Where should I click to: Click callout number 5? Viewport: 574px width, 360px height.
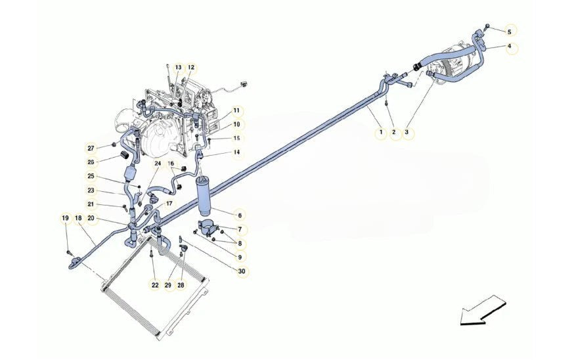point(509,32)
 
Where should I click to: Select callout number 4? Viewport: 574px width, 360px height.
point(509,47)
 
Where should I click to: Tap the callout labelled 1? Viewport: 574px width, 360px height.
point(381,132)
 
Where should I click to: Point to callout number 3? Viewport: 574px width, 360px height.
point(407,132)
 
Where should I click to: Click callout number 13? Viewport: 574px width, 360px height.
point(178,68)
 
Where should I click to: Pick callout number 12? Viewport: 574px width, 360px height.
point(191,68)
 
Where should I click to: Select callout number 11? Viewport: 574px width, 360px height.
point(236,110)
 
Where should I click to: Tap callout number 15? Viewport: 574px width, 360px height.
point(237,138)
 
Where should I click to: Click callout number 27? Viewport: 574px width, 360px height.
point(91,148)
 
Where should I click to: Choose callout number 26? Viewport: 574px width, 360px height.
point(91,162)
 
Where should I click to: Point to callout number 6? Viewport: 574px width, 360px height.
point(240,215)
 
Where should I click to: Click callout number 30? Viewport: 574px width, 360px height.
point(242,271)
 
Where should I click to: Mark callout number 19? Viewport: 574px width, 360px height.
point(66,219)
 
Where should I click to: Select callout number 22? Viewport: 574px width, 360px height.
point(155,284)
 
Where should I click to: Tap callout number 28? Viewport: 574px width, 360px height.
point(181,284)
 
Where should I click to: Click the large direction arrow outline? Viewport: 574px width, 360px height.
point(483,311)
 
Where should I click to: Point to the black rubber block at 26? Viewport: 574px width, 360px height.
point(124,154)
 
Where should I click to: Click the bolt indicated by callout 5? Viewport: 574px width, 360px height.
point(487,26)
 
